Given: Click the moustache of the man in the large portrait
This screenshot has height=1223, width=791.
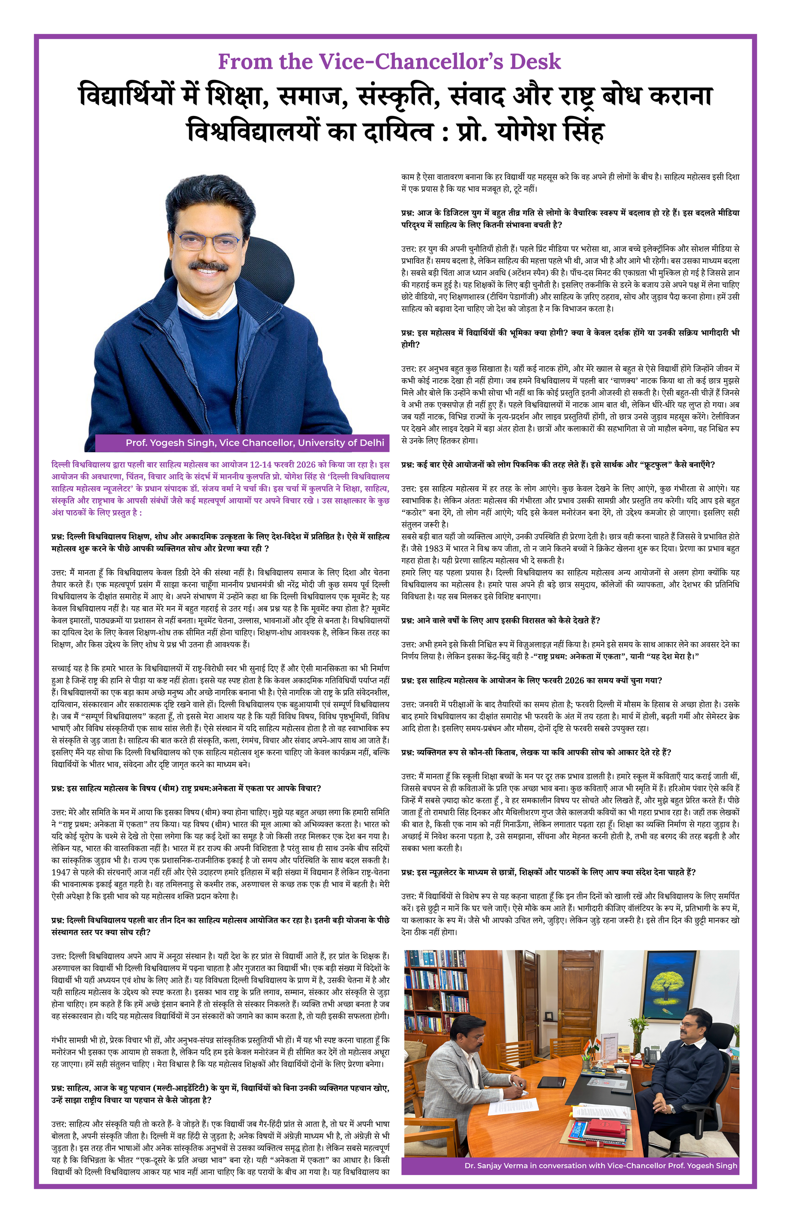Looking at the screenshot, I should [x=208, y=266].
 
